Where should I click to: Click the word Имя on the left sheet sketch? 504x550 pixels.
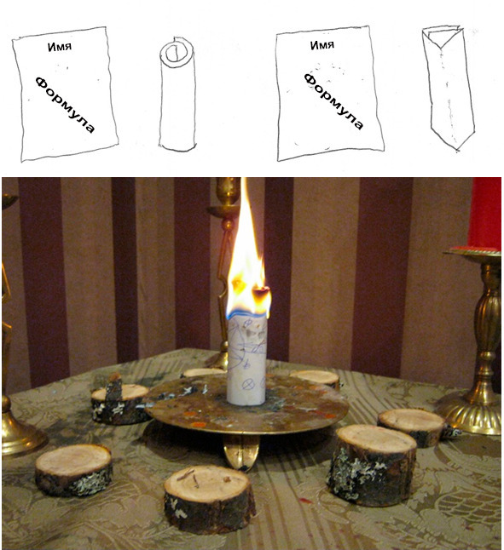[x=60, y=47]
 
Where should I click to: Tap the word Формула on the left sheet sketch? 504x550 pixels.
[x=65, y=105]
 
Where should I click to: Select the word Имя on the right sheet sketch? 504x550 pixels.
[x=322, y=45]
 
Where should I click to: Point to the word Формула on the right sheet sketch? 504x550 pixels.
[x=333, y=101]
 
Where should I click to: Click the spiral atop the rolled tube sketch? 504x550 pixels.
[x=173, y=53]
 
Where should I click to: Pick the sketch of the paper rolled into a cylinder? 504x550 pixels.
[x=177, y=94]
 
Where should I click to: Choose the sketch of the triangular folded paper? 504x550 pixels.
[x=449, y=89]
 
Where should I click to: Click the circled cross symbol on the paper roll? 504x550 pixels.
[x=248, y=384]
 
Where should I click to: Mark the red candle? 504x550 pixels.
[x=484, y=214]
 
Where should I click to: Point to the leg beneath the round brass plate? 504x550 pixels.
[x=241, y=451]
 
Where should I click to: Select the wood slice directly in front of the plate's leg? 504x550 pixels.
[x=209, y=494]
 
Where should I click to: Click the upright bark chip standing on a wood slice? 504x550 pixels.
[x=114, y=387]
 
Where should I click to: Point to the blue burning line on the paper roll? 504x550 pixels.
[x=246, y=313]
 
